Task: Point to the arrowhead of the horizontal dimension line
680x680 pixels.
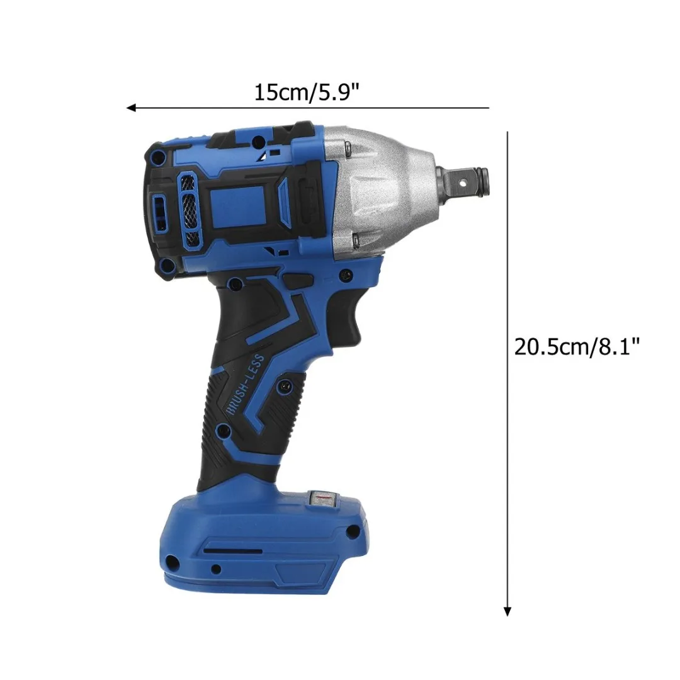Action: click(131, 108)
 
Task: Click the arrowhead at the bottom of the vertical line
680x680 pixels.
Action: click(507, 611)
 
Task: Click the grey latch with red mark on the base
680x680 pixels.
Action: click(322, 499)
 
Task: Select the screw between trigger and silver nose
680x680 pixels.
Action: click(344, 275)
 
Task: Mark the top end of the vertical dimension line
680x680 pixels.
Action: click(507, 132)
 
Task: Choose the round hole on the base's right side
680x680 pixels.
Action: click(353, 532)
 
